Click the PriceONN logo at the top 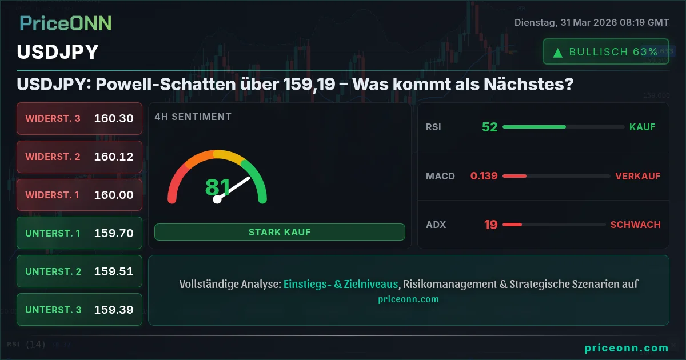pos(66,23)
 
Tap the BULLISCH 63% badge pos(606,52)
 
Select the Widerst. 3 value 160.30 pos(114,119)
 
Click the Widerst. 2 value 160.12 pos(114,157)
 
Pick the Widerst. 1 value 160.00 pos(114,195)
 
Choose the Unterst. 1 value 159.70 pos(114,233)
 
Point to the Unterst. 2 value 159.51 pos(114,271)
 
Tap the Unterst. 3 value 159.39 pos(114,310)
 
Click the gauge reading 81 pos(217,187)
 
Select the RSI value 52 pos(490,127)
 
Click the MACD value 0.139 pos(484,176)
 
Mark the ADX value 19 pos(490,225)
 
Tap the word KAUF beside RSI pos(642,127)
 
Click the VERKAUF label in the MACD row pos(637,176)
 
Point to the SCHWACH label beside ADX pos(635,225)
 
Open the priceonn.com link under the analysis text pos(408,299)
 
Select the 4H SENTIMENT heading pos(193,117)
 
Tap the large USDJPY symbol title pos(58,52)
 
